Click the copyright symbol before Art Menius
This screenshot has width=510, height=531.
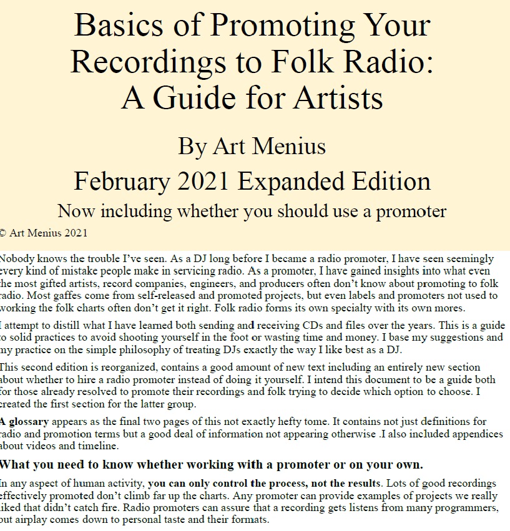click(x=3, y=233)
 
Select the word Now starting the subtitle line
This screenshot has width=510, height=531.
click(x=77, y=212)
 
